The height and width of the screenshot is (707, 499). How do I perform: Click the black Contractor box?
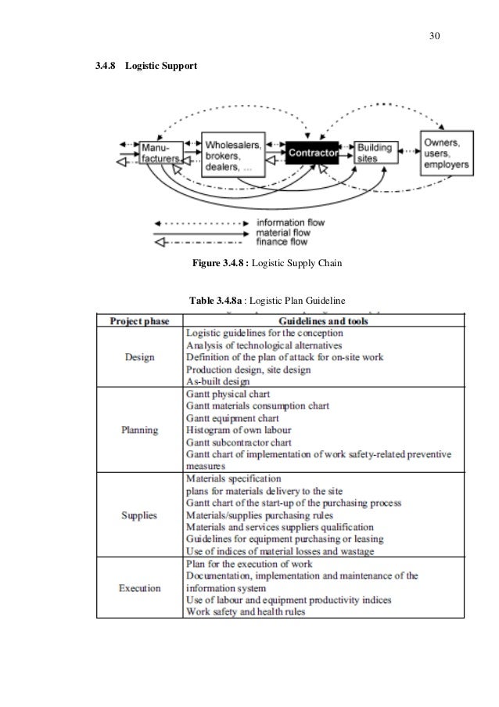tap(312, 153)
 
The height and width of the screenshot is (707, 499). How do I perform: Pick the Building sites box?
tap(377, 153)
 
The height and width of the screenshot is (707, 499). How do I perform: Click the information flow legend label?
tap(291, 222)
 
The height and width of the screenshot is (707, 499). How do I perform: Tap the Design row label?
tap(140, 358)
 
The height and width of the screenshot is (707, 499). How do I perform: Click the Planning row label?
tap(140, 430)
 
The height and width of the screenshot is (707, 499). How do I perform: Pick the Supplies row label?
tap(140, 515)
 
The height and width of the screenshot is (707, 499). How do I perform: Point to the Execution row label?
tap(140, 588)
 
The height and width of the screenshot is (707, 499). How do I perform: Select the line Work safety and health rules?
tap(245, 611)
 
